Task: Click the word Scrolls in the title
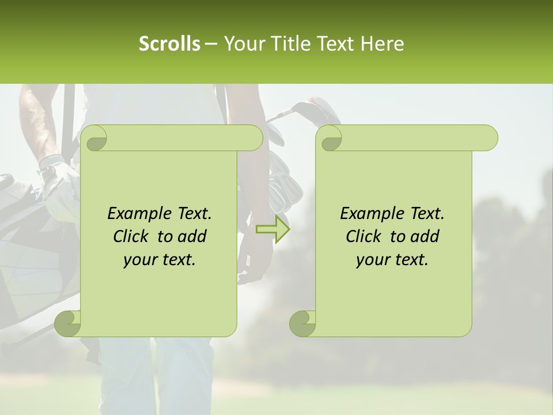click(169, 44)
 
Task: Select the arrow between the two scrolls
click(273, 229)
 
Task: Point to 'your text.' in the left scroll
click(160, 259)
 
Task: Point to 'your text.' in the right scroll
click(392, 259)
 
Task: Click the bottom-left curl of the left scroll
click(67, 323)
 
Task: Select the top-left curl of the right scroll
click(331, 138)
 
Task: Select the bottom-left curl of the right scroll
click(302, 323)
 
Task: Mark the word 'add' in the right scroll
click(425, 236)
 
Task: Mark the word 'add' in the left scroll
click(192, 236)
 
